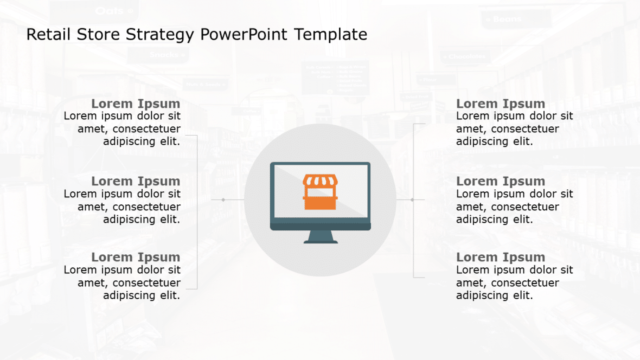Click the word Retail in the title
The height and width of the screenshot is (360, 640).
point(45,35)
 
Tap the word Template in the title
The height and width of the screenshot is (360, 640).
point(331,35)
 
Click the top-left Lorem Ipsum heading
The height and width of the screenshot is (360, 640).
point(136,104)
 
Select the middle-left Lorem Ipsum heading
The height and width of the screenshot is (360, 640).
point(136,181)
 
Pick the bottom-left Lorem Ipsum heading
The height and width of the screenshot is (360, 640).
point(136,257)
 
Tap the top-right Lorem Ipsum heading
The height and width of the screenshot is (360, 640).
point(501,104)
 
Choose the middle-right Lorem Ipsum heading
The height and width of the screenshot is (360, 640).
point(501,181)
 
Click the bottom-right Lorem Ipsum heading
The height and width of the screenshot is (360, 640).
point(501,257)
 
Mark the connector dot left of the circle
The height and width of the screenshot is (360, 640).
point(223,200)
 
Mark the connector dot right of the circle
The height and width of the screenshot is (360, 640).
point(412,200)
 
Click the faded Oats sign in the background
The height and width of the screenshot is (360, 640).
point(114,11)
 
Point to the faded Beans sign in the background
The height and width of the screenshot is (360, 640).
point(507,20)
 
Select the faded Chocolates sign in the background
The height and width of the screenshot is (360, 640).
point(465,56)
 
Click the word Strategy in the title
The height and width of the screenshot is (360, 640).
point(159,35)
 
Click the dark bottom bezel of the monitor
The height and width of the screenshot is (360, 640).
point(320,226)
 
